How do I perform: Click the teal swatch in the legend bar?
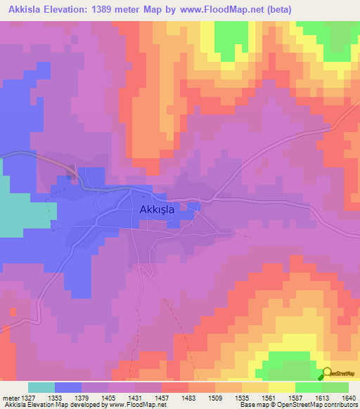(x=41, y=387)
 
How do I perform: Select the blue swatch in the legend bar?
(x=68, y=387)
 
